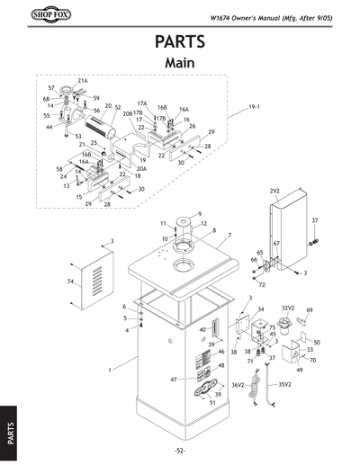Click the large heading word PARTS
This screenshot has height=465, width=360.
pyautogui.click(x=180, y=42)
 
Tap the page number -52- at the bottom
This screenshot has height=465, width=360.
pyautogui.click(x=180, y=450)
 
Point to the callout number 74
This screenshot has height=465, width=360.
pyautogui.click(x=70, y=282)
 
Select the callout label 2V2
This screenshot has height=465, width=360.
pyautogui.click(x=274, y=192)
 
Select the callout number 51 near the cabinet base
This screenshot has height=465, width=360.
pyautogui.click(x=212, y=402)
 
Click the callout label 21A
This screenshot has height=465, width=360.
pyautogui.click(x=83, y=80)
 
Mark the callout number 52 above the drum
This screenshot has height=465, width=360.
pyautogui.click(x=118, y=107)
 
